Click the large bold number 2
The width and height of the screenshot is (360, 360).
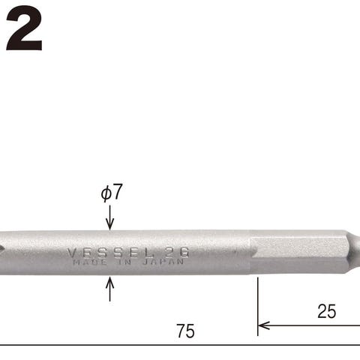(x=24, y=28)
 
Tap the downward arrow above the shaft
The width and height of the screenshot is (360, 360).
(x=110, y=217)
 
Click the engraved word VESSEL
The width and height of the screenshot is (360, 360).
(x=110, y=253)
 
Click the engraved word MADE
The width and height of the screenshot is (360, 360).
(x=90, y=262)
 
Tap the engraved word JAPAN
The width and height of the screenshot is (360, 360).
(x=163, y=262)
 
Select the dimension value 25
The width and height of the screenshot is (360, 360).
(x=326, y=311)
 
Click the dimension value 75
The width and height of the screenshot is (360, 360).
(x=185, y=331)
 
